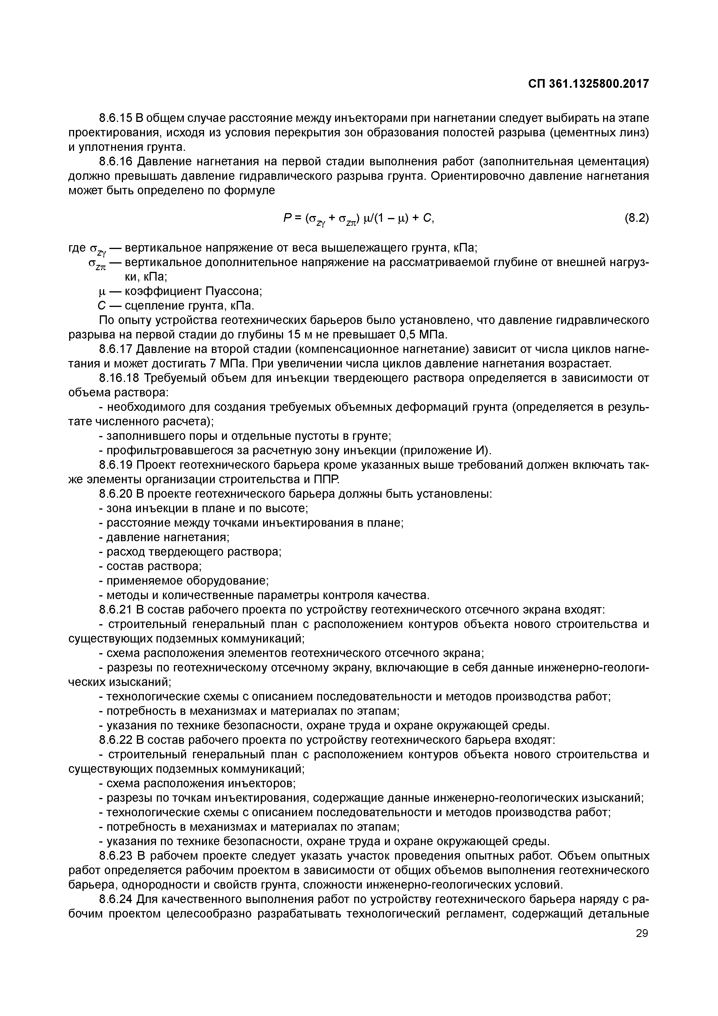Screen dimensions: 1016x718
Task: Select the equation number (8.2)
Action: (x=636, y=218)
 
